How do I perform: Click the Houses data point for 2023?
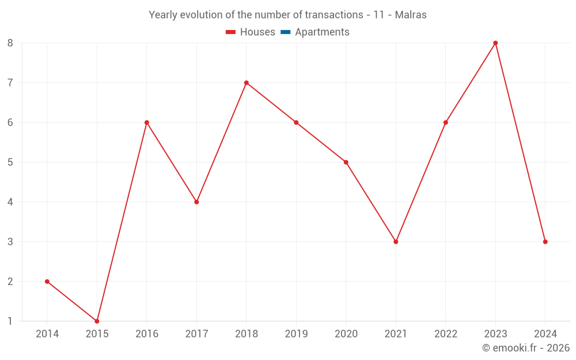click(x=495, y=43)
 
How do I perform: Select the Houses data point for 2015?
click(x=97, y=321)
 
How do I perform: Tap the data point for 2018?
click(x=247, y=83)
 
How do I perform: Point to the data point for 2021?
click(x=396, y=242)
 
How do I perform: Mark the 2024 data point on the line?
click(x=545, y=242)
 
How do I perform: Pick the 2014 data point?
click(x=47, y=282)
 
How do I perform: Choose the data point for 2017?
click(x=196, y=202)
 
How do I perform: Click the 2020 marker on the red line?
click(x=346, y=162)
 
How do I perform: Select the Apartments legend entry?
click(x=322, y=32)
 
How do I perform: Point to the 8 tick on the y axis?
click(x=10, y=43)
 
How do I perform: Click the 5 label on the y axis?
click(x=10, y=162)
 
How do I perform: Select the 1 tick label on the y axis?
click(x=10, y=321)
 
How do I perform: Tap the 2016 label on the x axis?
click(x=147, y=334)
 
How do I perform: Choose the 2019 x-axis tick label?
click(x=296, y=334)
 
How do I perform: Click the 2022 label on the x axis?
click(x=446, y=334)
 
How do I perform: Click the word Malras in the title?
click(x=411, y=15)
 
